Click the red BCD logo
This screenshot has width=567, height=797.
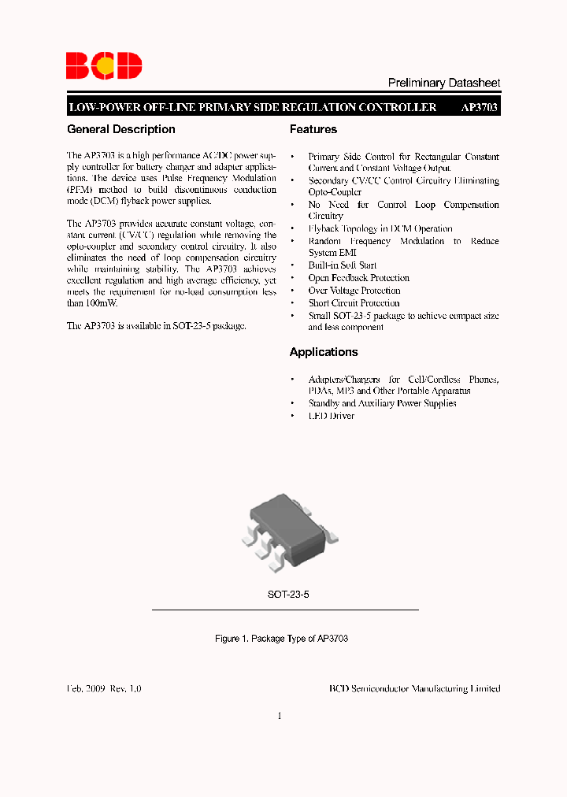click(x=103, y=65)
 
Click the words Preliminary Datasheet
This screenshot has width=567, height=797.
click(x=444, y=83)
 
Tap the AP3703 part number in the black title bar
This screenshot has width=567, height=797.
click(x=479, y=107)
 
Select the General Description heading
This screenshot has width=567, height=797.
click(x=121, y=129)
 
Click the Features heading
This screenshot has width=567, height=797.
click(x=313, y=129)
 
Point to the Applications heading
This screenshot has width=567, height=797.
click(x=324, y=352)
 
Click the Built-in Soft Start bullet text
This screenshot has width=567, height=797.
click(x=343, y=265)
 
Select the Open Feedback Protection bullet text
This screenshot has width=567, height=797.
click(x=359, y=278)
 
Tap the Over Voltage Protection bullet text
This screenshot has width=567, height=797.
click(x=354, y=291)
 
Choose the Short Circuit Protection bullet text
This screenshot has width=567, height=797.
click(x=354, y=303)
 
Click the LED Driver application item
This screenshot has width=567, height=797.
click(x=332, y=416)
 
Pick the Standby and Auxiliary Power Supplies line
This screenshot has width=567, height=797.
click(x=382, y=403)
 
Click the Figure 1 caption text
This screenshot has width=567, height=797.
click(x=281, y=639)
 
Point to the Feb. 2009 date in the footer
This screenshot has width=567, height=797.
click(x=86, y=688)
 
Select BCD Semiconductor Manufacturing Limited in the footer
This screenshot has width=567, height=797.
click(x=414, y=688)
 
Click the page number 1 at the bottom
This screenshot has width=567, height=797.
click(x=280, y=716)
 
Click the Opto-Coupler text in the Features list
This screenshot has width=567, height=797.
click(x=335, y=192)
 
